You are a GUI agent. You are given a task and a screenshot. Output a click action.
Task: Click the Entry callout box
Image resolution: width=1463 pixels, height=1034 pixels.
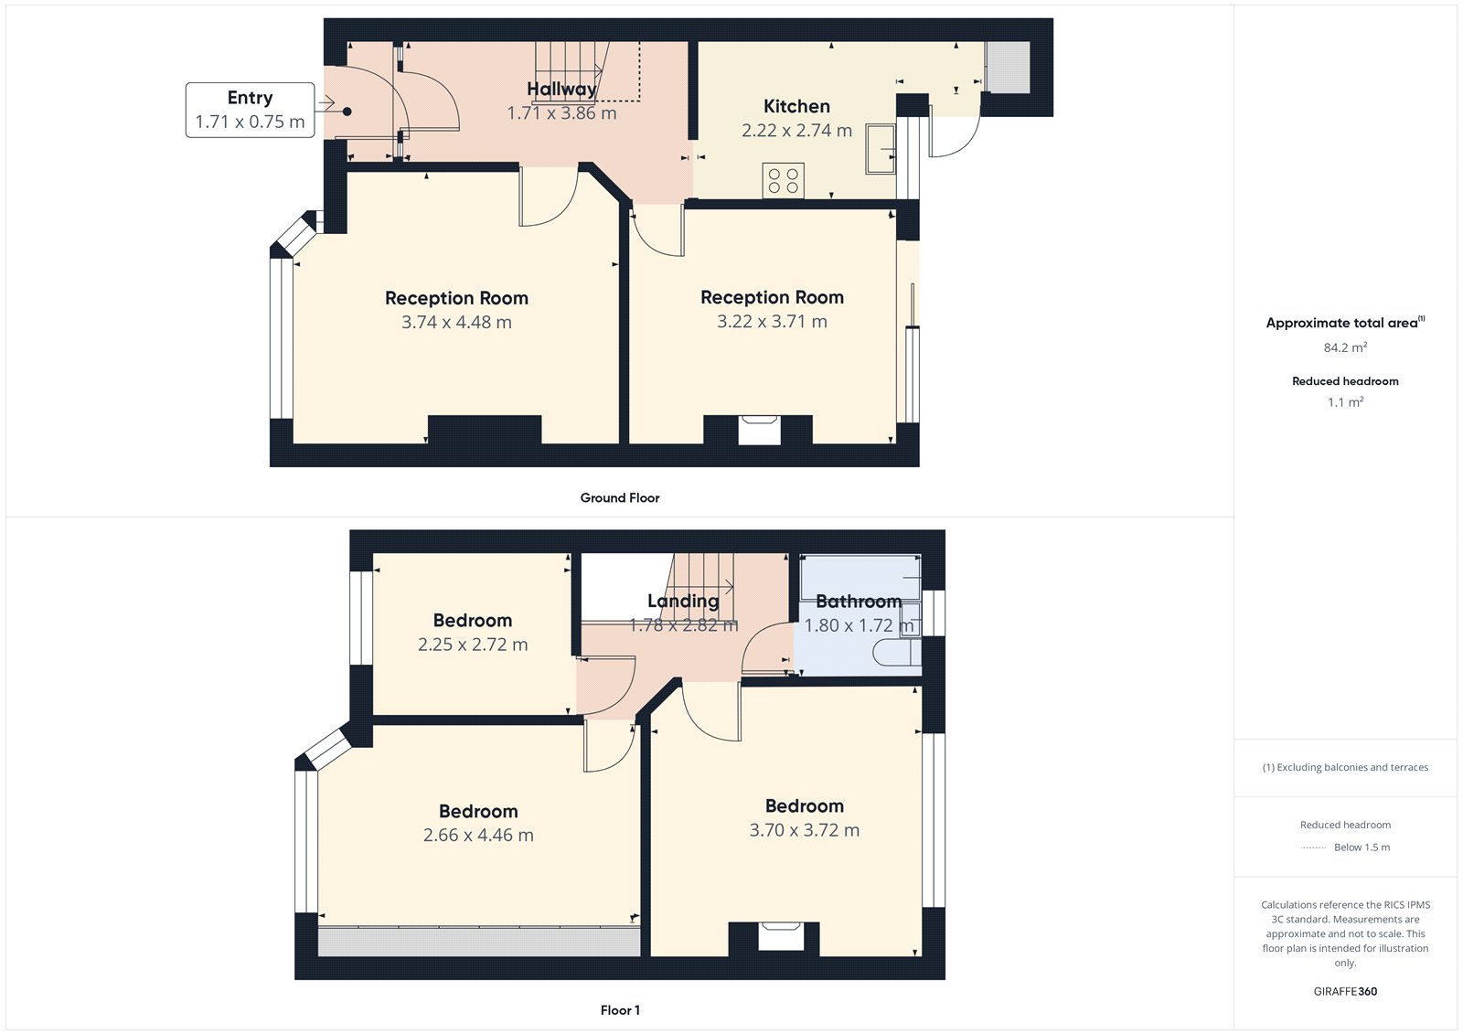point(250,110)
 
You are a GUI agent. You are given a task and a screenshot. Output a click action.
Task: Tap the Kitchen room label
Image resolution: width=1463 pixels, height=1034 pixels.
point(796,107)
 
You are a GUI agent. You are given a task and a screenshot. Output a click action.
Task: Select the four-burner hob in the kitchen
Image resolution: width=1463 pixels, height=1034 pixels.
point(784,180)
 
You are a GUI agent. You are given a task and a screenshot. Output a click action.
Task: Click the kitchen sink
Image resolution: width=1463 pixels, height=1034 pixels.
point(881,149)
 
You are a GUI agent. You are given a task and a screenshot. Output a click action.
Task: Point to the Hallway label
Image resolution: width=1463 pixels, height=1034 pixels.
point(561,89)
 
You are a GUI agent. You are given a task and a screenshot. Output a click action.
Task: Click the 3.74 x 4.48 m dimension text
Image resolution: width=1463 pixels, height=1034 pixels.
point(456,323)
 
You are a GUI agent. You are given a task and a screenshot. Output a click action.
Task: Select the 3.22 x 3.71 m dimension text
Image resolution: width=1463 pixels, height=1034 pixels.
point(772,322)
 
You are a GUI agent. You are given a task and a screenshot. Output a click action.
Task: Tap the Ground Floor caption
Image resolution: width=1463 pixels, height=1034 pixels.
point(619,498)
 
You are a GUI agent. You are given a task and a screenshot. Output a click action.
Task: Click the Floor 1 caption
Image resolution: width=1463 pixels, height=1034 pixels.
point(620,1010)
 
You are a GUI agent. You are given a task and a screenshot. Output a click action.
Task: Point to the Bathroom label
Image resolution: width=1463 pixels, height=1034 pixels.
point(858,602)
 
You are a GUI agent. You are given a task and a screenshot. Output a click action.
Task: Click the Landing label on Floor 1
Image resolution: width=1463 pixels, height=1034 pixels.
point(683,601)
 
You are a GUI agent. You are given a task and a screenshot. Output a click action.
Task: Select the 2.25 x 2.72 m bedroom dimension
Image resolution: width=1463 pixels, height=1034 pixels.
point(473,645)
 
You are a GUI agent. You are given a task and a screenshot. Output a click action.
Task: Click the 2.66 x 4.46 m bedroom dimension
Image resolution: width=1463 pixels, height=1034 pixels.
point(478,836)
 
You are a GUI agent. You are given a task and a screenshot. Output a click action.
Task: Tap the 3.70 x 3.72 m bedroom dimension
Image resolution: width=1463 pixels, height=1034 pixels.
point(805,830)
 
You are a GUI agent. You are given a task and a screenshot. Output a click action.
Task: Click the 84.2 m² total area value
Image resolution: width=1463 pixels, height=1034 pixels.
point(1345,347)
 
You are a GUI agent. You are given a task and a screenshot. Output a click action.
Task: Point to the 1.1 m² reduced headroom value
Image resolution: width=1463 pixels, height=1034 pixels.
point(1345,402)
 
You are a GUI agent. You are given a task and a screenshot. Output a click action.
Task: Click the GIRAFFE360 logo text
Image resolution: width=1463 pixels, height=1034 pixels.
point(1345,991)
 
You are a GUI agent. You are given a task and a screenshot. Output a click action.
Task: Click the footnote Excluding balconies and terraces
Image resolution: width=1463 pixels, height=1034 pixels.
point(1345,768)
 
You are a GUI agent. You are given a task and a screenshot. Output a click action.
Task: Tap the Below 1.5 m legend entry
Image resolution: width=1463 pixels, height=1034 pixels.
point(1362,847)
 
